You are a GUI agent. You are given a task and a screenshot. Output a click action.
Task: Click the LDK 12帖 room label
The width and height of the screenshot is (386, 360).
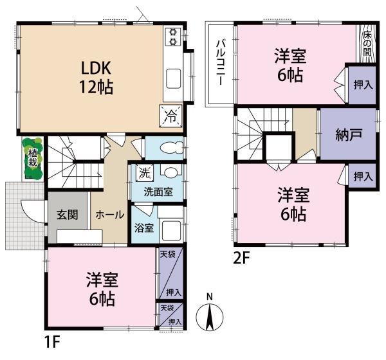(x=96, y=78)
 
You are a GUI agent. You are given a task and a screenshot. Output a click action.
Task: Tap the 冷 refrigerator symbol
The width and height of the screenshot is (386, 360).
(x=170, y=116)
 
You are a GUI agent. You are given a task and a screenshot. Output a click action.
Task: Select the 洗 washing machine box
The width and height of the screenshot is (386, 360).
(x=145, y=172)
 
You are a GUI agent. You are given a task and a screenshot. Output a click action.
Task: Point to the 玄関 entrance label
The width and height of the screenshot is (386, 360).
(x=67, y=215)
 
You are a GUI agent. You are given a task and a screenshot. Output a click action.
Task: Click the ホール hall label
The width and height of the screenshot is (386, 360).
(x=109, y=215)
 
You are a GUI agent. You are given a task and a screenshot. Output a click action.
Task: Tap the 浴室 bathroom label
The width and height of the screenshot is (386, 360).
(x=144, y=228)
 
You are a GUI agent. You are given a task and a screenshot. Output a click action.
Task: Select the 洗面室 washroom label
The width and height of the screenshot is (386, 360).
(x=158, y=192)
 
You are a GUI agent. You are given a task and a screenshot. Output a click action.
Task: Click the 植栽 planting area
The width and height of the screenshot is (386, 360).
(x=33, y=158)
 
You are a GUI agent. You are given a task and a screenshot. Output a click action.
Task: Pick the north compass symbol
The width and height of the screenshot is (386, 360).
(x=210, y=314)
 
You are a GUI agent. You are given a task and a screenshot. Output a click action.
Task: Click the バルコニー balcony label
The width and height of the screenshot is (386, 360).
(x=221, y=62)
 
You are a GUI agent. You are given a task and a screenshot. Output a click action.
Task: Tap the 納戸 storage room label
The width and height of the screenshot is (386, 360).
(x=349, y=135)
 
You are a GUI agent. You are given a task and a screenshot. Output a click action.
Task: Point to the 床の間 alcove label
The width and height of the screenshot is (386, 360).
(x=367, y=44)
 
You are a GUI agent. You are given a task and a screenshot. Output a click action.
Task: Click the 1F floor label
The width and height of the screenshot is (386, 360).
(x=52, y=342)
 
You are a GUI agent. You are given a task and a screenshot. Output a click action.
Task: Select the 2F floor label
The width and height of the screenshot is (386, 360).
(x=241, y=258)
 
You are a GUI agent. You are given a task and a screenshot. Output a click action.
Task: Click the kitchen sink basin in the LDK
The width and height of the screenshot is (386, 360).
(x=174, y=78)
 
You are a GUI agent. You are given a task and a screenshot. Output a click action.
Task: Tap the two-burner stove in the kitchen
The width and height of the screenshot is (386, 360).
(x=173, y=37)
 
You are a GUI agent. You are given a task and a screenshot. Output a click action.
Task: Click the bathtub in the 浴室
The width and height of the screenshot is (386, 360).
(x=171, y=231)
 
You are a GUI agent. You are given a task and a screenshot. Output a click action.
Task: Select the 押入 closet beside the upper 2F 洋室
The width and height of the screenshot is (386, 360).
(x=362, y=85)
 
